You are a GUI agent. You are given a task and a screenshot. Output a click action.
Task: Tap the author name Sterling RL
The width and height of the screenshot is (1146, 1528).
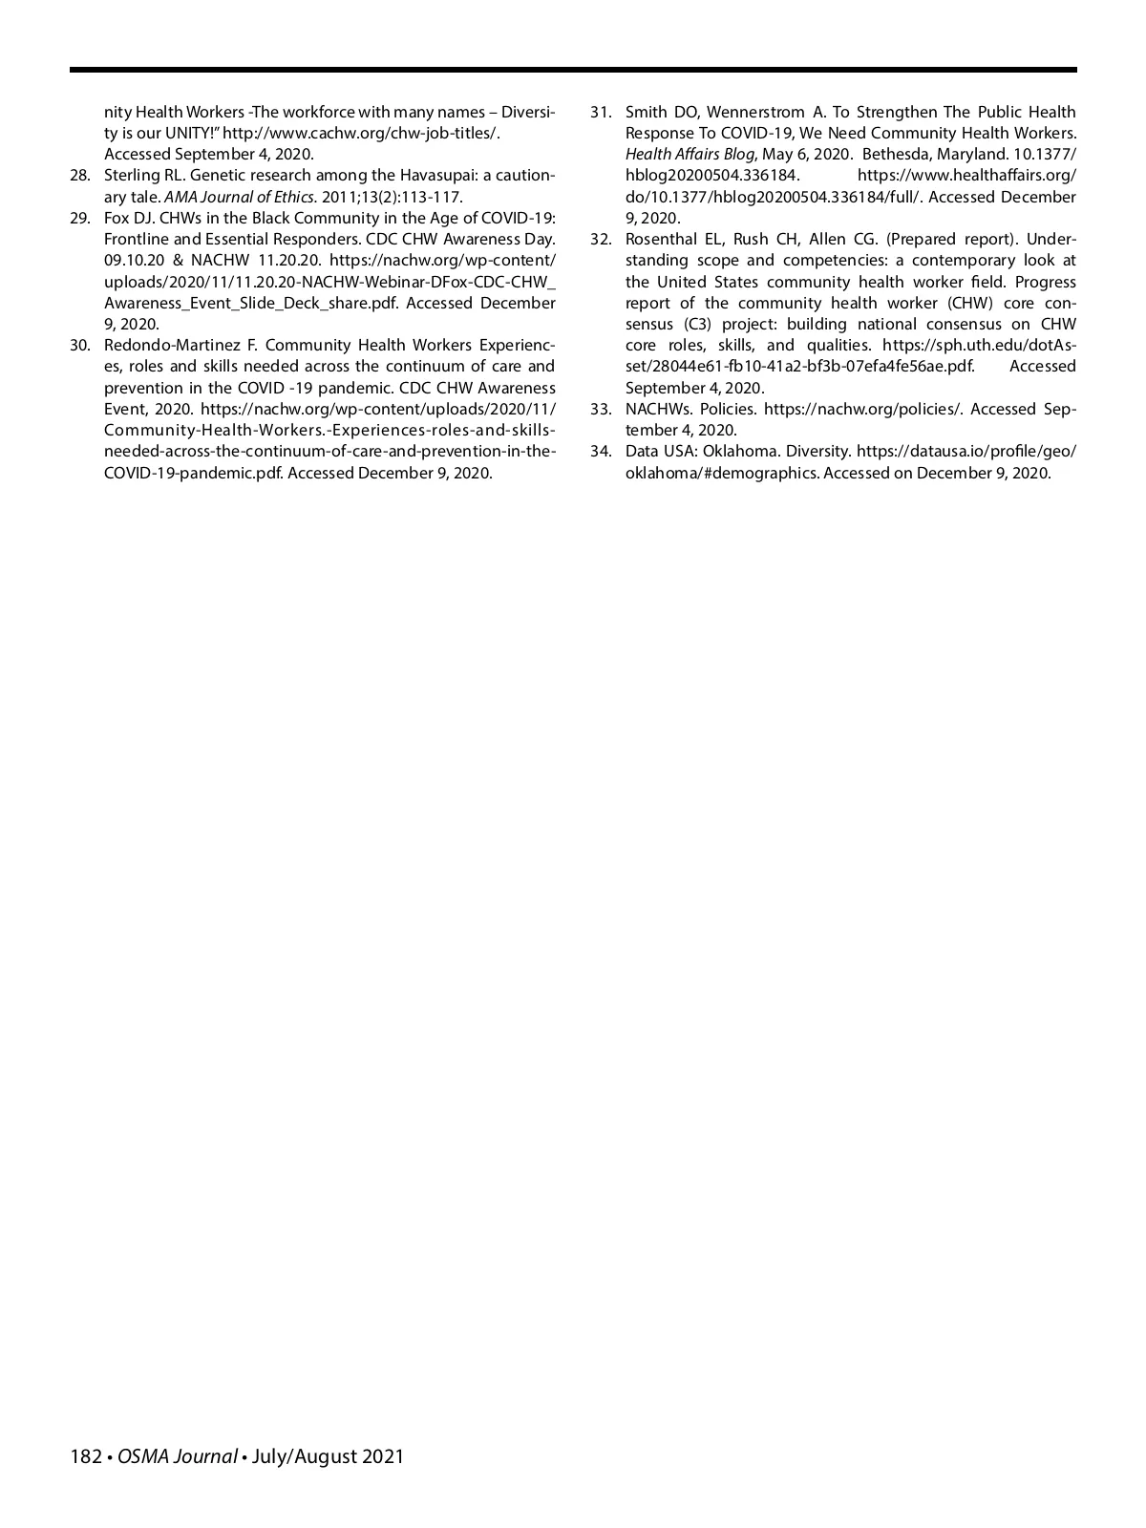(143, 176)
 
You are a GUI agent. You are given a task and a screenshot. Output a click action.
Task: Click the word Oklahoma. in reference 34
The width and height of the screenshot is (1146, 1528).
(740, 452)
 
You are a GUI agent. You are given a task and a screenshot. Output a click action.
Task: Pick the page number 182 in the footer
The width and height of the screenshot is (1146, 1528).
(86, 1457)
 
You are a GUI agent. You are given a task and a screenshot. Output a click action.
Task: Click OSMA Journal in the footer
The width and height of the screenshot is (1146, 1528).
(178, 1457)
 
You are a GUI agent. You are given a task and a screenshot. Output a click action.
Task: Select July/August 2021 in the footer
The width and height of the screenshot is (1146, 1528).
(328, 1457)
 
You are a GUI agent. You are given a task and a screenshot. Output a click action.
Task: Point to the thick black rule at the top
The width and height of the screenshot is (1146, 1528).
(573, 70)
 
